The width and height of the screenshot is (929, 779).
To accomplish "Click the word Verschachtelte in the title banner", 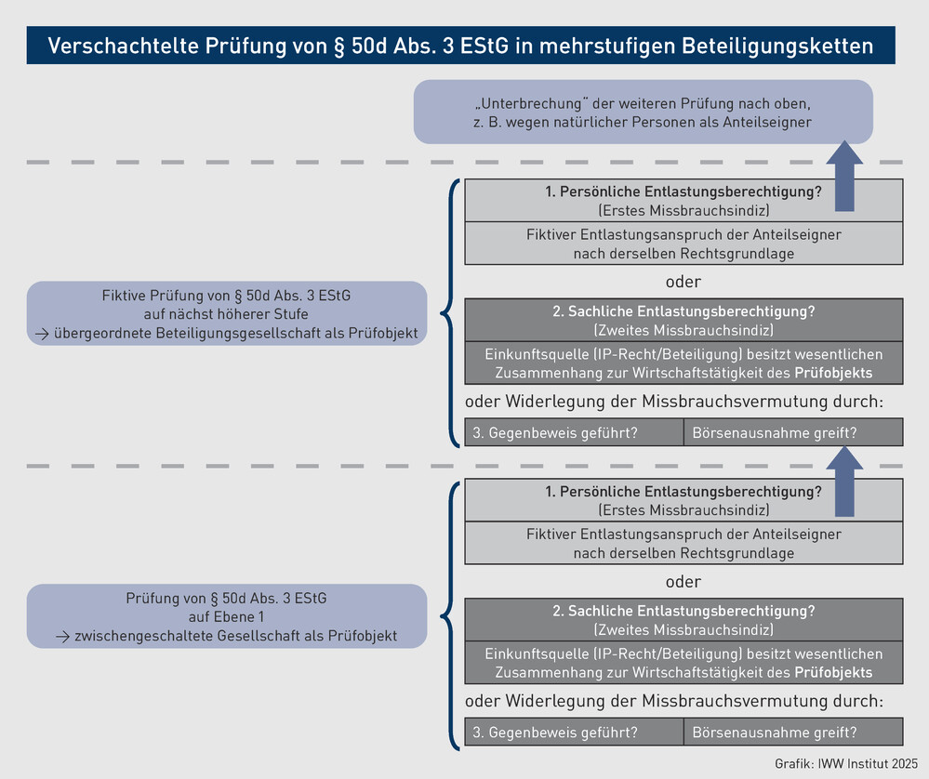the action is [124, 46].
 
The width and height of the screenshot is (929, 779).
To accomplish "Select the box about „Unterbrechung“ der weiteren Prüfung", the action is [643, 112].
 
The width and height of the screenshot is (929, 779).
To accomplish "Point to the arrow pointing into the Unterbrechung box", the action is [844, 176].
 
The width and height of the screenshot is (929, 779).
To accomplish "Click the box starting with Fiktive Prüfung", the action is [227, 313].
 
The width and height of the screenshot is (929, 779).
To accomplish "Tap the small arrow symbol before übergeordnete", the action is [42, 334].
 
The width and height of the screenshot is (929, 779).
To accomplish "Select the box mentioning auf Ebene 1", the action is [227, 616].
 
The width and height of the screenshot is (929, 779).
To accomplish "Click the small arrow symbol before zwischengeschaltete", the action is [63, 636].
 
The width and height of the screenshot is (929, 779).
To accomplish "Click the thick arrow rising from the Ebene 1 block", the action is [844, 481].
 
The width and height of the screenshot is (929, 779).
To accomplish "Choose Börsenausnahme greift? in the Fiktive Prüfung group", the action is [775, 432].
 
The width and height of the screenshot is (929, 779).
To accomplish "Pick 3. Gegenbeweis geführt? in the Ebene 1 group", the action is [555, 733].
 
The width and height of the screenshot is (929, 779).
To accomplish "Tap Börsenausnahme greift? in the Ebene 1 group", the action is [775, 733].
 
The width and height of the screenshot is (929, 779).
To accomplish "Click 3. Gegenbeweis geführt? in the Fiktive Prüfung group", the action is [555, 432].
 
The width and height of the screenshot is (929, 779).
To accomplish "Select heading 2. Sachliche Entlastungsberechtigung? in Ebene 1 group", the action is [683, 611].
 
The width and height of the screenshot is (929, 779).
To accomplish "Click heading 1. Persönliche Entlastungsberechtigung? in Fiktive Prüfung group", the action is [683, 191].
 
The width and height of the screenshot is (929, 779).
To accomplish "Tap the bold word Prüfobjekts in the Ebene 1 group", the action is [833, 672].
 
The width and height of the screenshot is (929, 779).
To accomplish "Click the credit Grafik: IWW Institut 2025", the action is [846, 763].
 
